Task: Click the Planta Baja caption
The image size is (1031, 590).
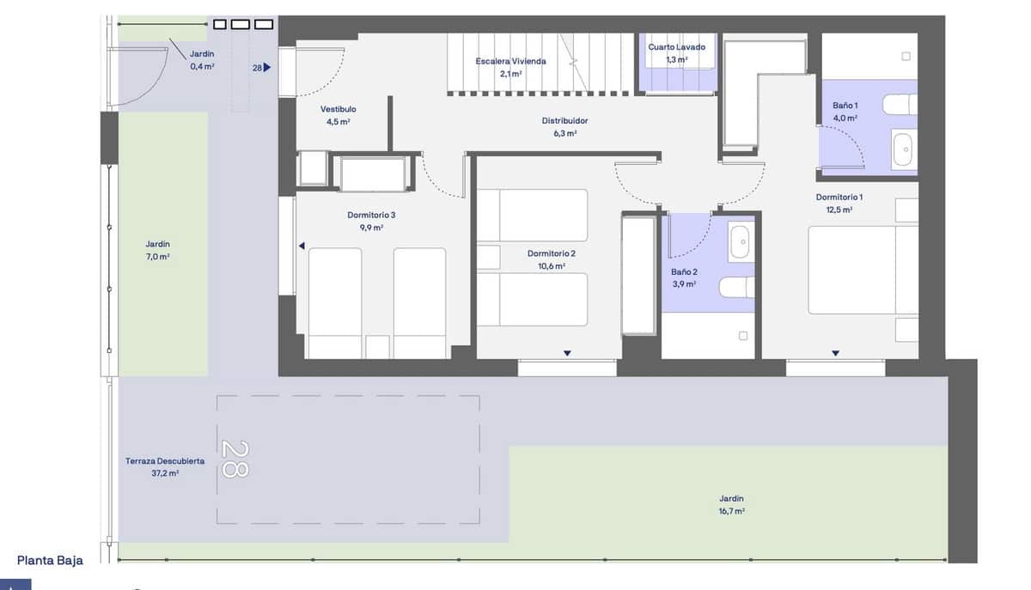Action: pyautogui.click(x=50, y=561)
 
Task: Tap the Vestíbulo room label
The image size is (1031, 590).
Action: pyautogui.click(x=338, y=110)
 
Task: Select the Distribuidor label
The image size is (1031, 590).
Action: pyautogui.click(x=564, y=121)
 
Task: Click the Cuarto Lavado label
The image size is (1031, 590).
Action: pyautogui.click(x=676, y=47)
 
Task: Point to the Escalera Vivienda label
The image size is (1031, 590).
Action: pyautogui.click(x=510, y=62)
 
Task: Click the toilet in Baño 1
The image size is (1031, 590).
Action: pyautogui.click(x=900, y=104)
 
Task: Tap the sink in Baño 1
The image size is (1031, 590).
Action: pyautogui.click(x=904, y=150)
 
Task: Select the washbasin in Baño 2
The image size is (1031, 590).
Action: pyautogui.click(x=740, y=243)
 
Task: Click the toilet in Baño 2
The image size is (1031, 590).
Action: pyautogui.click(x=738, y=287)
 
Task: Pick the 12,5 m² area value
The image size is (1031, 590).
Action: pyautogui.click(x=839, y=210)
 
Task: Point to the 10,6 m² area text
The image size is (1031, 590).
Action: pyautogui.click(x=551, y=266)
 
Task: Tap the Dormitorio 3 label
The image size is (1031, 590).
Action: pyautogui.click(x=371, y=216)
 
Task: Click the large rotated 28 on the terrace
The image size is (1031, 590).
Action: pyautogui.click(x=235, y=459)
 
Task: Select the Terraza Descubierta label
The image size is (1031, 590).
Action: pyautogui.click(x=164, y=461)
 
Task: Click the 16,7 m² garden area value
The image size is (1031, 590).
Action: pyautogui.click(x=731, y=511)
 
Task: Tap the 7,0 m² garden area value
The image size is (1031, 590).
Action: pyautogui.click(x=157, y=256)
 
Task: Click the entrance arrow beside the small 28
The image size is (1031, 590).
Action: pyautogui.click(x=267, y=67)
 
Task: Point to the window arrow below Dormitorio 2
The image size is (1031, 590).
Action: pyautogui.click(x=567, y=353)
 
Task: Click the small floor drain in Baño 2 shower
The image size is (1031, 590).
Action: pyautogui.click(x=743, y=336)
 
